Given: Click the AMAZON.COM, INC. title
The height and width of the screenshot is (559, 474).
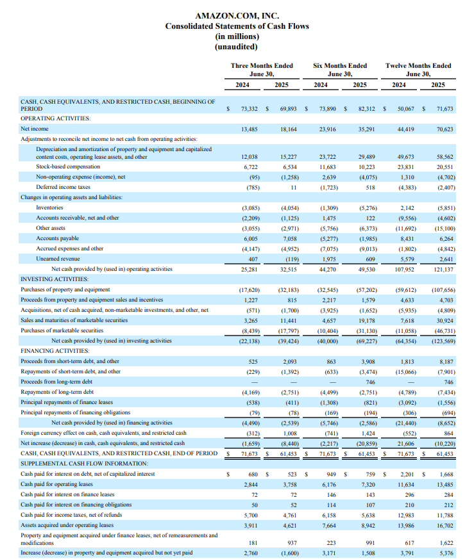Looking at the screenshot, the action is [237, 15].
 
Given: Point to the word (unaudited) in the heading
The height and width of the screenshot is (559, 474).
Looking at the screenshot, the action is [236, 47].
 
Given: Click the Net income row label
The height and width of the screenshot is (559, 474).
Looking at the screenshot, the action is [34, 129].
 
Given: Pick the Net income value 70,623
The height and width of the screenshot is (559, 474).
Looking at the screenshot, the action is [444, 129].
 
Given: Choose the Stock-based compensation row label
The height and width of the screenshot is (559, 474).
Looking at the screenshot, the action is [68, 166].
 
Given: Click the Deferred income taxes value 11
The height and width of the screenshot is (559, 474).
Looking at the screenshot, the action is [294, 187].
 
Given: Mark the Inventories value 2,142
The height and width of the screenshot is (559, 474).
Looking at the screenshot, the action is [407, 208].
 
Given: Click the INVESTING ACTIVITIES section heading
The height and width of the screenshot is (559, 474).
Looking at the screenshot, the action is [55, 279].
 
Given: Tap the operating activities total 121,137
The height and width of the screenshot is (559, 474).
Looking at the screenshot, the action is [443, 270].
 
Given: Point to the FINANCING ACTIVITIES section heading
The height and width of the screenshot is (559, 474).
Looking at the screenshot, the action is [55, 351].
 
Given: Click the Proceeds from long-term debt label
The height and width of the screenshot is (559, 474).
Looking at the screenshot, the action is [56, 382].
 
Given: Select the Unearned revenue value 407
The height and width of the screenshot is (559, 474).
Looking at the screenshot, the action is [253, 259].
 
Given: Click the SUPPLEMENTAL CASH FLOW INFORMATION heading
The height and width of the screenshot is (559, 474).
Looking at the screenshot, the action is [84, 464].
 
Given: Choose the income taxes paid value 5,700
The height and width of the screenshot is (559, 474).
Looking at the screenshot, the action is [250, 515].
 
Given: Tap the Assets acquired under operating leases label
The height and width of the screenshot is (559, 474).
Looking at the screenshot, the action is [67, 525].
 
